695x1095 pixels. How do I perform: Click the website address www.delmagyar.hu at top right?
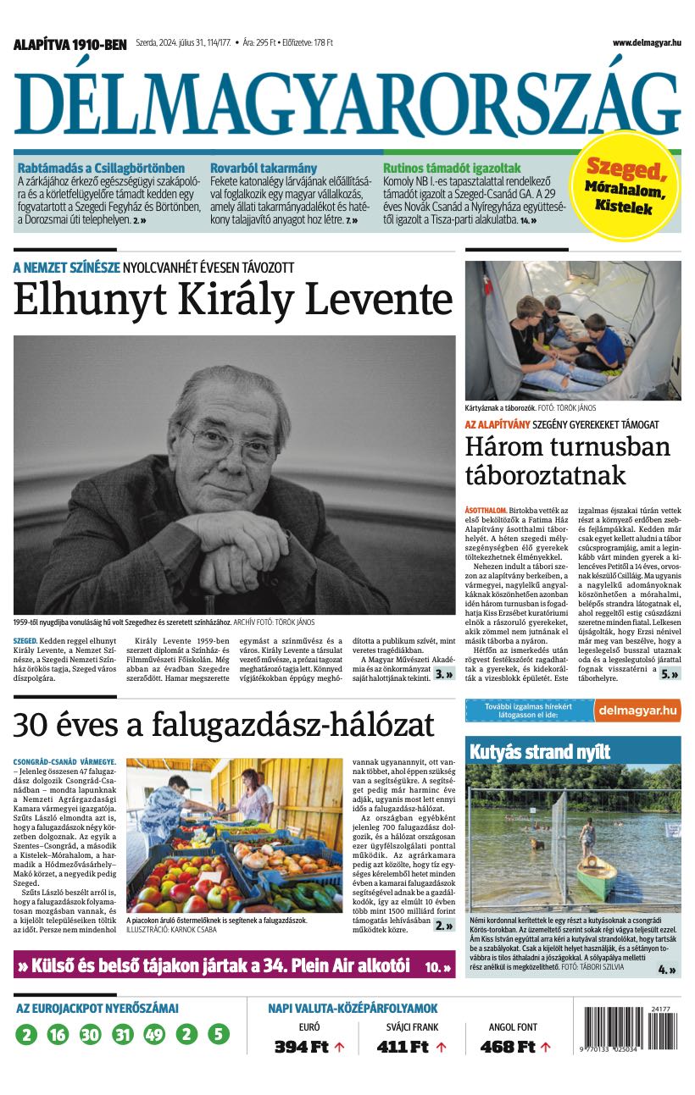point(647,42)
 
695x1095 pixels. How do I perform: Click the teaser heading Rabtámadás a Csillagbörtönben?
point(101,168)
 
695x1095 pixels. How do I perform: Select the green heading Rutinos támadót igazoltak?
point(452,168)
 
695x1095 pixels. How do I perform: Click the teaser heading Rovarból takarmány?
point(264,168)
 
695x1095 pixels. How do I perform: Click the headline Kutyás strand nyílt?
point(538,751)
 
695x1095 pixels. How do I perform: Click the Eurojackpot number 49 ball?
point(154,1035)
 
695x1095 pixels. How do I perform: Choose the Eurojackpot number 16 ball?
point(58,1035)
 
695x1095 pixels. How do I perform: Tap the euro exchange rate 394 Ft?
point(301,1047)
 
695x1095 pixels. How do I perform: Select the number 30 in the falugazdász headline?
point(31,726)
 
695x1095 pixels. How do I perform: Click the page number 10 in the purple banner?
point(432,966)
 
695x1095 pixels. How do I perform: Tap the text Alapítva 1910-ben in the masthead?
point(69,43)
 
